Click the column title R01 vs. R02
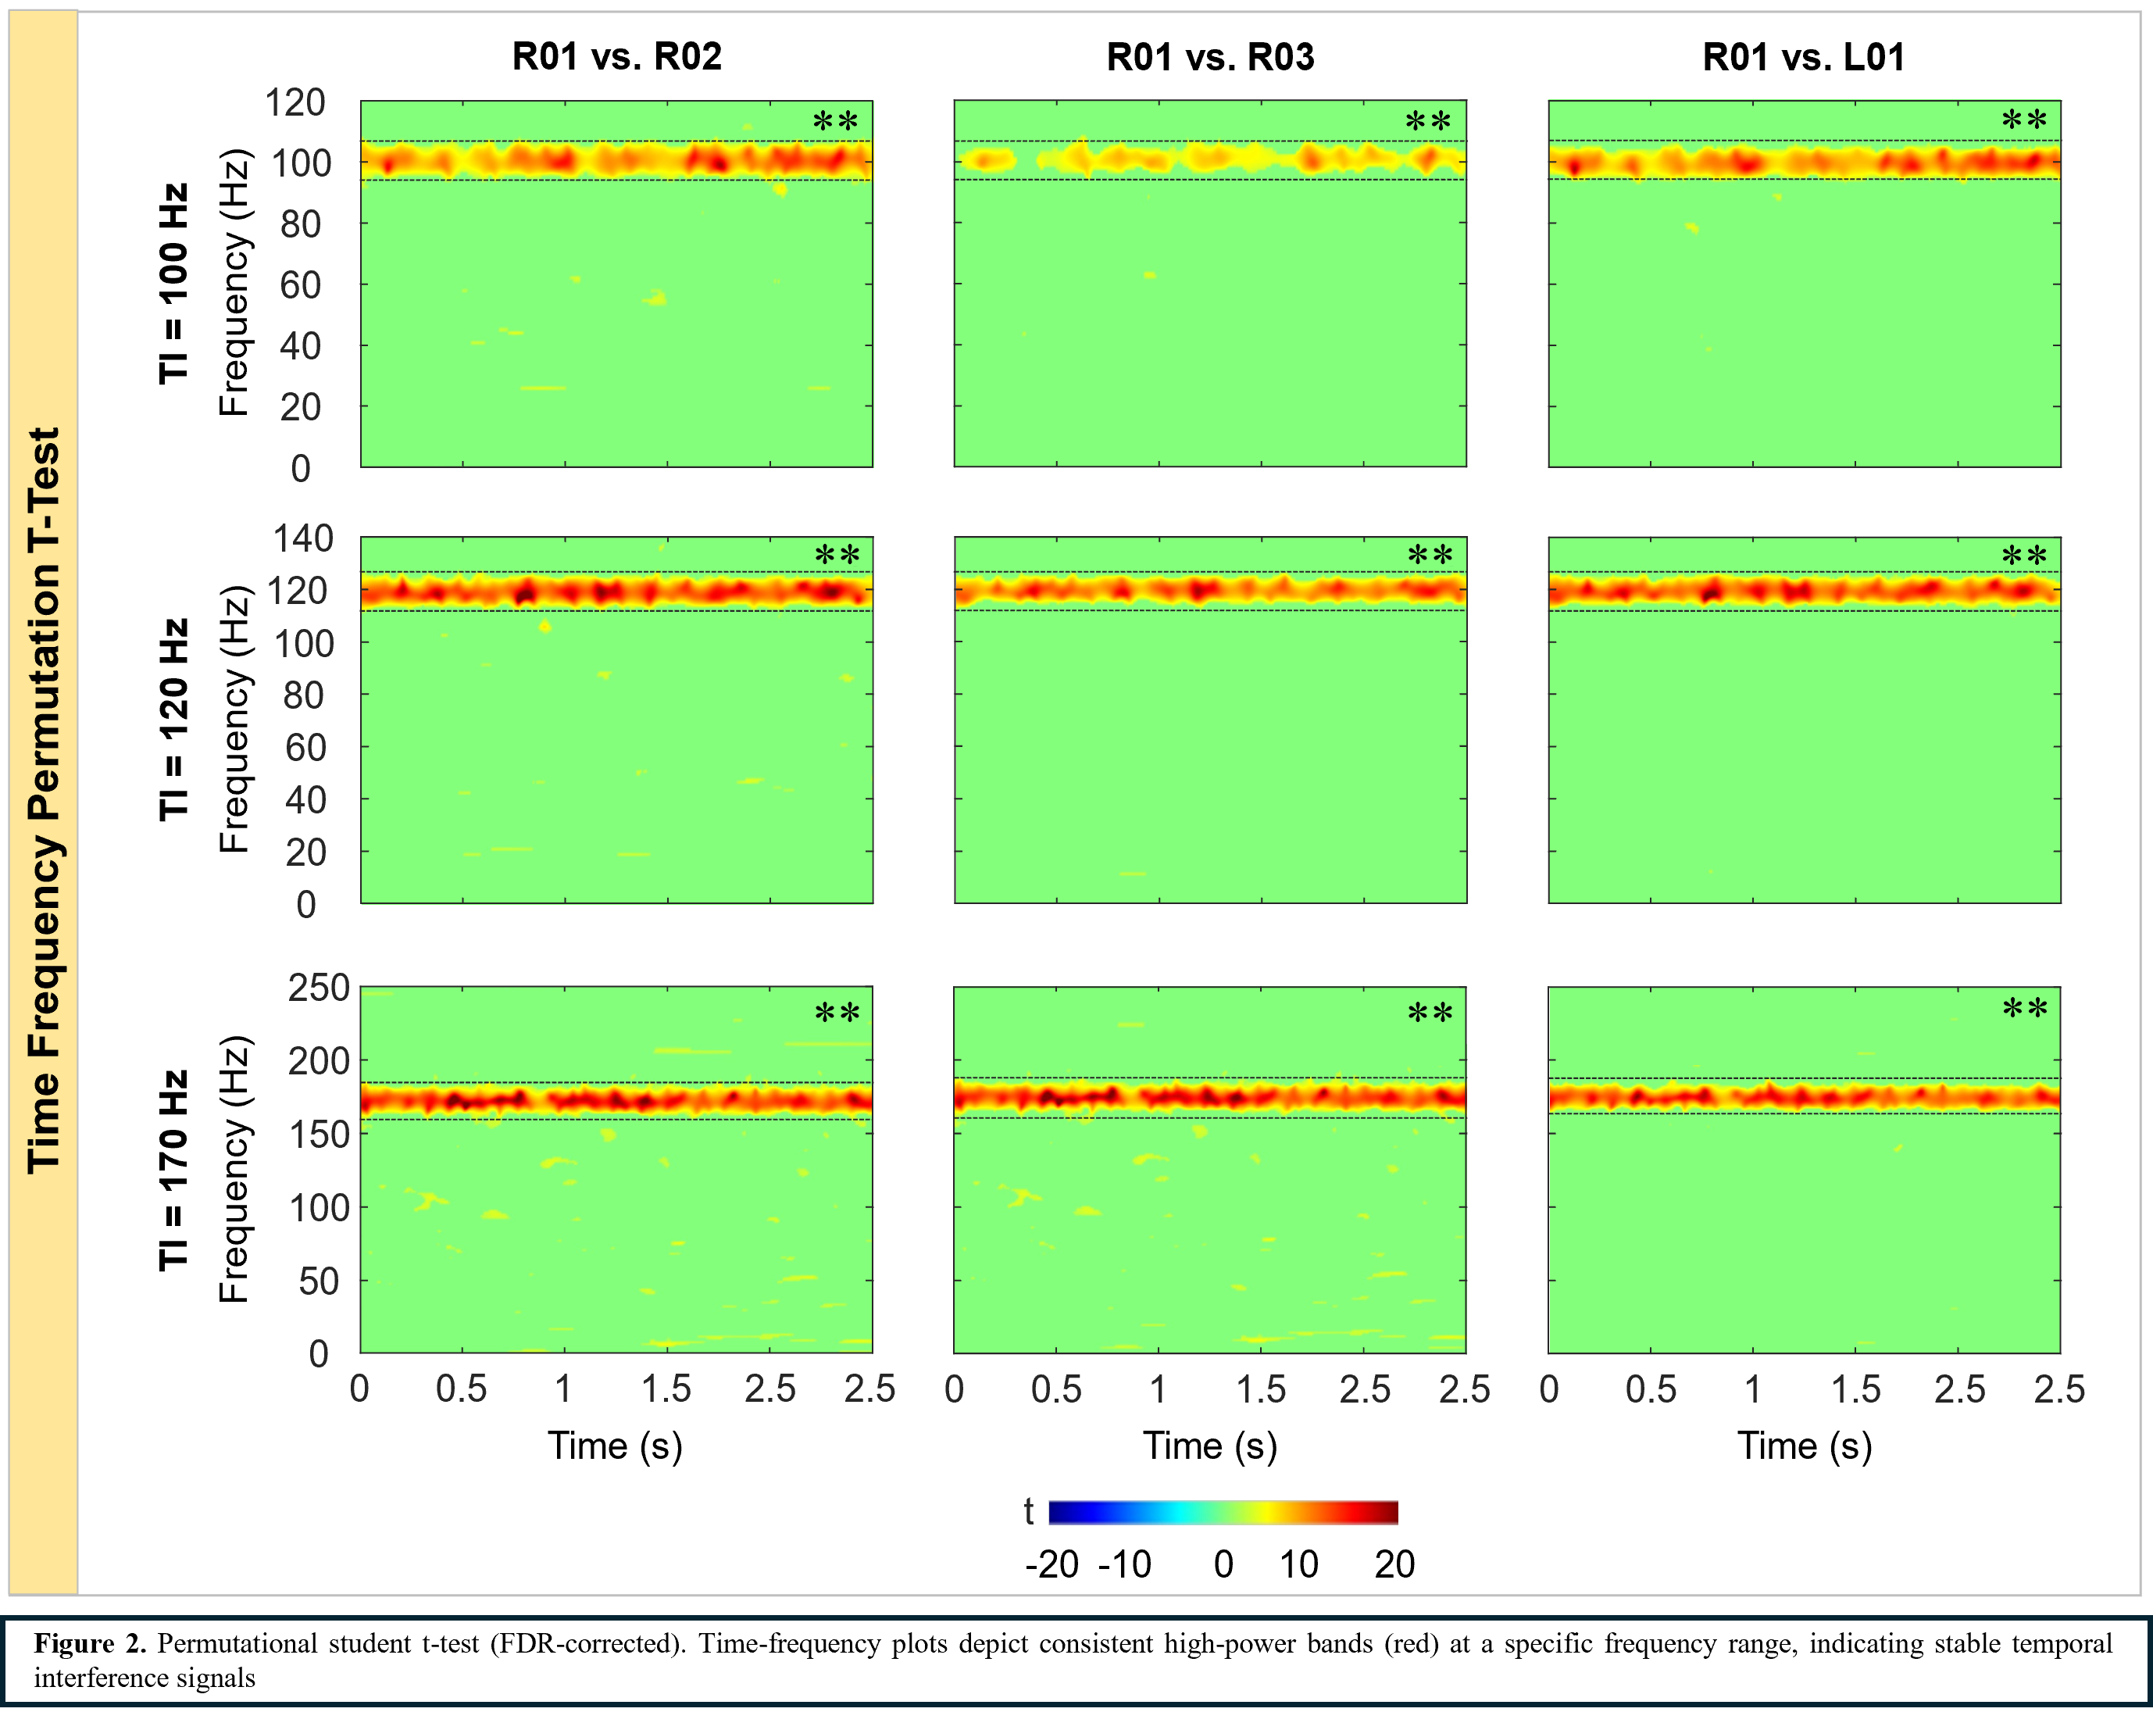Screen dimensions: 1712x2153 (x=616, y=57)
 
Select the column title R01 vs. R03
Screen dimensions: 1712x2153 (x=1210, y=57)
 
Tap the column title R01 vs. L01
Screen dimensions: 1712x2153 (x=1804, y=57)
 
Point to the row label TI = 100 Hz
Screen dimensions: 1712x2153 (x=173, y=284)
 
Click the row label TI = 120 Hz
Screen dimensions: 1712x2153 (x=173, y=719)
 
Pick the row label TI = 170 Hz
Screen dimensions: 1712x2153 (x=173, y=1170)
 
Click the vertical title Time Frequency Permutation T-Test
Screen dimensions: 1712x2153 (x=44, y=799)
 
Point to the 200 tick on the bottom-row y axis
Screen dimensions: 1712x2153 (x=319, y=1061)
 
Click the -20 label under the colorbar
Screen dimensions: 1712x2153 (x=1052, y=1564)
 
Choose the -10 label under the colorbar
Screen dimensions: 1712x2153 (x=1124, y=1564)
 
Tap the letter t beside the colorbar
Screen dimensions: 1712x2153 (x=1029, y=1511)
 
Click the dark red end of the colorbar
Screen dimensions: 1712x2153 (x=1388, y=1512)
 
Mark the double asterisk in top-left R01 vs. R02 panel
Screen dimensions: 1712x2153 (x=835, y=123)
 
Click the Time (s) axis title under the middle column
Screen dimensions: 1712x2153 (x=1210, y=1446)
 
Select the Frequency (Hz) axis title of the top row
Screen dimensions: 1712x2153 (x=234, y=284)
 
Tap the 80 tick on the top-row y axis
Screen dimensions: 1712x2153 (x=301, y=225)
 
